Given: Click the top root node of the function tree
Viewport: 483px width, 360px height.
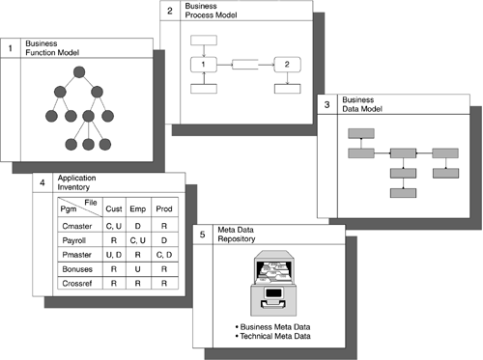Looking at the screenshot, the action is [x=79, y=72].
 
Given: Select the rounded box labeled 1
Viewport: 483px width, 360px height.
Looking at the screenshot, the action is [x=204, y=65].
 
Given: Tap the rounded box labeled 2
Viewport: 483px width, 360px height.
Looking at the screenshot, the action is [x=287, y=65].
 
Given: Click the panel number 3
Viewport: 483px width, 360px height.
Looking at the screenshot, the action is [x=327, y=104].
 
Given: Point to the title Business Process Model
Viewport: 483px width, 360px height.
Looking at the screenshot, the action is [x=211, y=11].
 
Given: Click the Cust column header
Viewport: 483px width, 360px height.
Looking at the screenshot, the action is [x=114, y=208].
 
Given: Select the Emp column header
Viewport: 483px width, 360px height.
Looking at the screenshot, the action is [x=138, y=208].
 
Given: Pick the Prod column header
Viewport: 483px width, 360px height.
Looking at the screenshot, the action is [x=164, y=208].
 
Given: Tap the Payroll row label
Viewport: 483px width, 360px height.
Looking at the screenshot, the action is [x=74, y=240].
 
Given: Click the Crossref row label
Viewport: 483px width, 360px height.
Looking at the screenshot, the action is [x=77, y=284].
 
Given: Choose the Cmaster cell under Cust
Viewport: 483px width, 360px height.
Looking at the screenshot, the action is [x=114, y=226].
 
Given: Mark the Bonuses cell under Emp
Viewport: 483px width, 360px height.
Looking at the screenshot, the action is [x=138, y=269].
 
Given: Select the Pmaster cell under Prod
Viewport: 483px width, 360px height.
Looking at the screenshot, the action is [x=164, y=255].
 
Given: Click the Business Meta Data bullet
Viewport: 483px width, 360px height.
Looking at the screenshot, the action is [x=272, y=327].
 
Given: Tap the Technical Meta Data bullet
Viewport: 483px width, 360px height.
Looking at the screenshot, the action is [x=272, y=336].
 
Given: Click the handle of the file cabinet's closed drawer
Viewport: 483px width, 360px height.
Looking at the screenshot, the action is [x=273, y=303].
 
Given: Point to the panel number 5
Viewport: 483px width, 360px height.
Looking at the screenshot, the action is [x=202, y=235].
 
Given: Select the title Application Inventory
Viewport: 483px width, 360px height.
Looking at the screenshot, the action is [x=76, y=182].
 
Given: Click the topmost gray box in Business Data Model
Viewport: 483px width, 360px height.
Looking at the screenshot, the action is [x=361, y=133].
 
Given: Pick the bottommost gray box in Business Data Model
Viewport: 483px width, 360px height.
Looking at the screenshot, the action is [x=403, y=193].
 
